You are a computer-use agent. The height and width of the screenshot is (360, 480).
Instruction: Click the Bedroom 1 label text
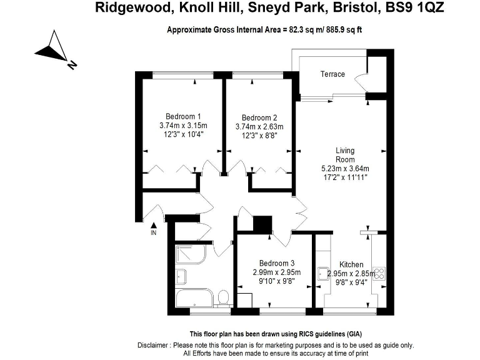(183, 116)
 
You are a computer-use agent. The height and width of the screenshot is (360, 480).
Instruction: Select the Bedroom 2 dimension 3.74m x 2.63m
(259, 127)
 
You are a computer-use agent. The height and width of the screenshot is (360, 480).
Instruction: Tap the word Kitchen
(351, 264)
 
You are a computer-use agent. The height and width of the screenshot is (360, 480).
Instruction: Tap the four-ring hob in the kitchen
(379, 273)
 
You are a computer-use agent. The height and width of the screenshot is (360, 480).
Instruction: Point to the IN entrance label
(154, 233)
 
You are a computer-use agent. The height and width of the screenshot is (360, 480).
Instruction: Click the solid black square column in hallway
(262, 224)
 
